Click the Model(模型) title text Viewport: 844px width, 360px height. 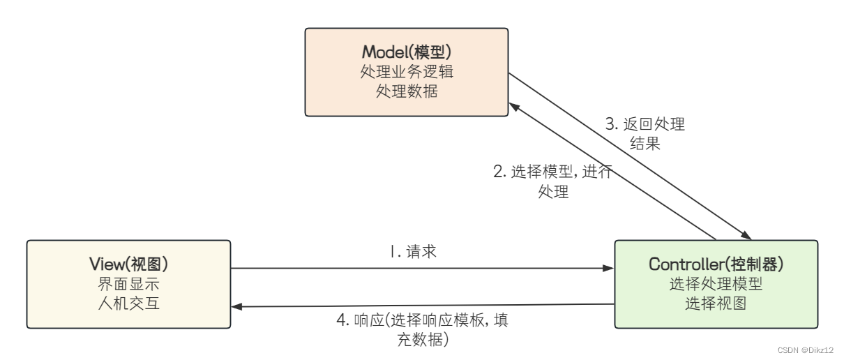(x=406, y=52)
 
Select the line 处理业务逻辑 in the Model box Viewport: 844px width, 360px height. (x=407, y=72)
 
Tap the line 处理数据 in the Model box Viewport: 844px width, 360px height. (x=407, y=91)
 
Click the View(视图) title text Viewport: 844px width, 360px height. (x=128, y=264)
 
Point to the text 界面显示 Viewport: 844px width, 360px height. (x=128, y=284)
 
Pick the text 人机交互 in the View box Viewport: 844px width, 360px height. (x=128, y=303)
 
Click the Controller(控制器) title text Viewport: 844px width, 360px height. (x=716, y=264)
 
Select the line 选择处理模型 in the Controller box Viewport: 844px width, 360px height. (x=716, y=284)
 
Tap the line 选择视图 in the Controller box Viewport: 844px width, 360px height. (x=716, y=303)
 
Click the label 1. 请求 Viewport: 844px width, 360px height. (x=413, y=251)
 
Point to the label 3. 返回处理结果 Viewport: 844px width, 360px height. (x=645, y=133)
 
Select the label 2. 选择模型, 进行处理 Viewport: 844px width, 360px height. (x=552, y=181)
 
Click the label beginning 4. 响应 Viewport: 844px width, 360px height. (x=423, y=330)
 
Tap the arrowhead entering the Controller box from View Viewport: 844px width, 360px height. (x=608, y=269)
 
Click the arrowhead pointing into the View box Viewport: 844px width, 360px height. (x=236, y=306)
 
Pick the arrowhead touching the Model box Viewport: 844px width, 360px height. (x=514, y=107)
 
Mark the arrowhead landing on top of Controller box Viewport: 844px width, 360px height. (x=746, y=236)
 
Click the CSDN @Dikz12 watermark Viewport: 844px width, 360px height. (x=806, y=350)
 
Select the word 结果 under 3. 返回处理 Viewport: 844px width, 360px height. (x=645, y=144)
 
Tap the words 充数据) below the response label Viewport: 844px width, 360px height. (x=423, y=340)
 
